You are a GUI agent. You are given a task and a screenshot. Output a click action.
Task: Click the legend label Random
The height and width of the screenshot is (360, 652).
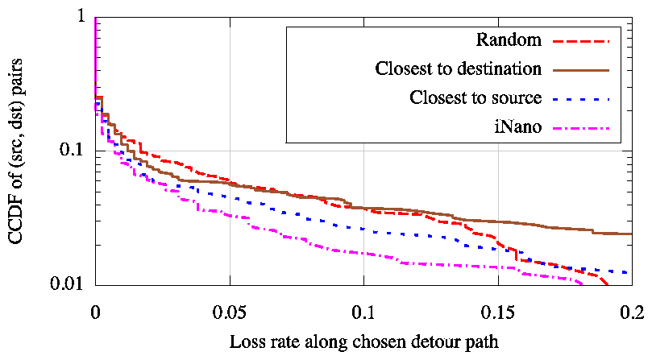[x=509, y=40]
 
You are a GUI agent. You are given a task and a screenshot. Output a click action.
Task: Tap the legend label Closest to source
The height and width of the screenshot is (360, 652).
[x=475, y=98]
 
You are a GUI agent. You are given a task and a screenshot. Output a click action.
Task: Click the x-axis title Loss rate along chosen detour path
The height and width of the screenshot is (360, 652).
[x=364, y=341]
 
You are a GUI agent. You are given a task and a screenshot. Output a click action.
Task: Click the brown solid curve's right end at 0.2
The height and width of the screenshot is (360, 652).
[x=630, y=234]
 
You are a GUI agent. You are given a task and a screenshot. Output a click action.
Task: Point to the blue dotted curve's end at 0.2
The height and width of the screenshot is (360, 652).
[x=629, y=272]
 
